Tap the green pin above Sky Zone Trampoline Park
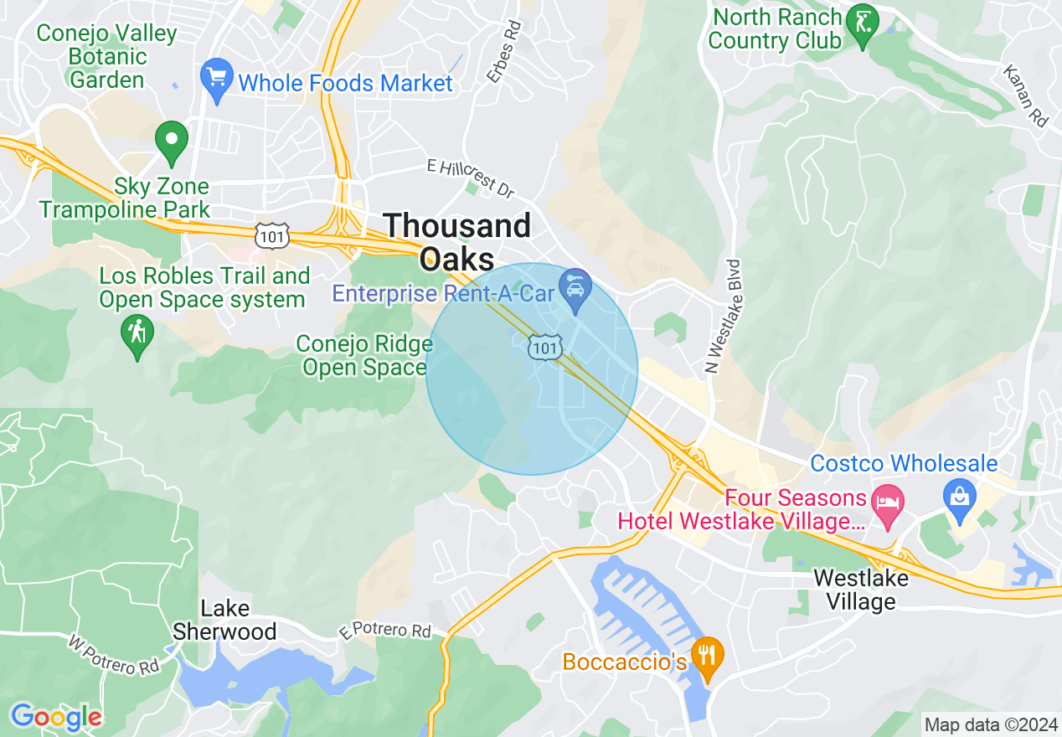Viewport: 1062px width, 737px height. click(x=172, y=142)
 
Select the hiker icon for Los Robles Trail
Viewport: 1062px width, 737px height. click(x=137, y=335)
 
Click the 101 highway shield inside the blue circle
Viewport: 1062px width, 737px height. click(x=544, y=347)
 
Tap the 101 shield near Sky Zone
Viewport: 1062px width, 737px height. click(x=273, y=235)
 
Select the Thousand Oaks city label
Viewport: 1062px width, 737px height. click(x=457, y=241)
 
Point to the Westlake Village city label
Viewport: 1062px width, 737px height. click(x=861, y=590)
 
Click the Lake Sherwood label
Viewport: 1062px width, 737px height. click(x=224, y=620)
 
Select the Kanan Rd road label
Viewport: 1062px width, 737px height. click(x=1025, y=96)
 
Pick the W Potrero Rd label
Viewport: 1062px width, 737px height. click(x=113, y=655)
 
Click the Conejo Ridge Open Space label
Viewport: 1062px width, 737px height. click(x=364, y=356)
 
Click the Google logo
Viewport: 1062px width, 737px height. click(x=55, y=716)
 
